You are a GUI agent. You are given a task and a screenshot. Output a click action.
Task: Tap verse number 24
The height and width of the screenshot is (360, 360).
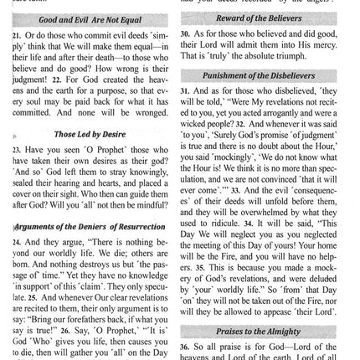(x=16, y=240)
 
